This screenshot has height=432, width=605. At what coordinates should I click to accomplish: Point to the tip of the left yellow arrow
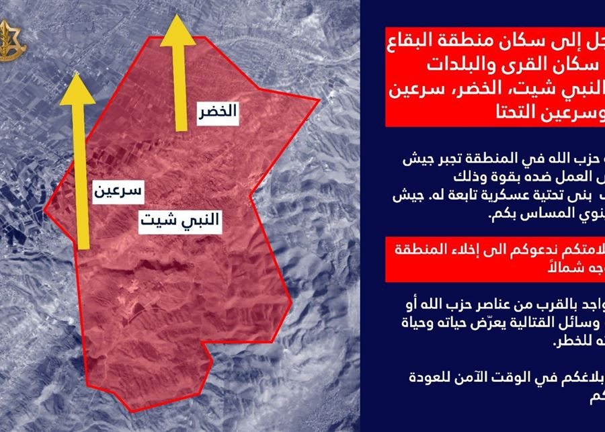click(78, 75)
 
